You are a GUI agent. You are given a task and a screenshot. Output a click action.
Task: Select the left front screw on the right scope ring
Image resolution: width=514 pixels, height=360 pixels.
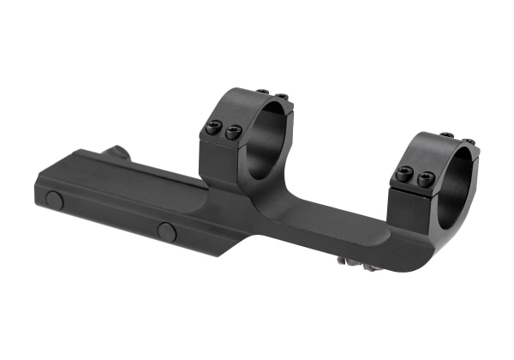[405, 174]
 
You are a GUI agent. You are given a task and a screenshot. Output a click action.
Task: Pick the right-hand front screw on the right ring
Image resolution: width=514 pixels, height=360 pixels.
[426, 178]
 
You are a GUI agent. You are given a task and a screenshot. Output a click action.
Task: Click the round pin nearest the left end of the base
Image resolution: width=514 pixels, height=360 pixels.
[55, 201]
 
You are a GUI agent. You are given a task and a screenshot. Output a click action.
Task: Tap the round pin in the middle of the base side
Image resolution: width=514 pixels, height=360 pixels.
[167, 231]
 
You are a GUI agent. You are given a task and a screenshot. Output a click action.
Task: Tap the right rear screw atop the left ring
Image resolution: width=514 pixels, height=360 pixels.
[280, 95]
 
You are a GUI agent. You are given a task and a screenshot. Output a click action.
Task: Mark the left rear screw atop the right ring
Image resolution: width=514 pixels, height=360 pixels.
[446, 135]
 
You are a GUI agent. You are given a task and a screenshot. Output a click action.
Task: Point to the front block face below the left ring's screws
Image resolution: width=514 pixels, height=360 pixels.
[218, 159]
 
